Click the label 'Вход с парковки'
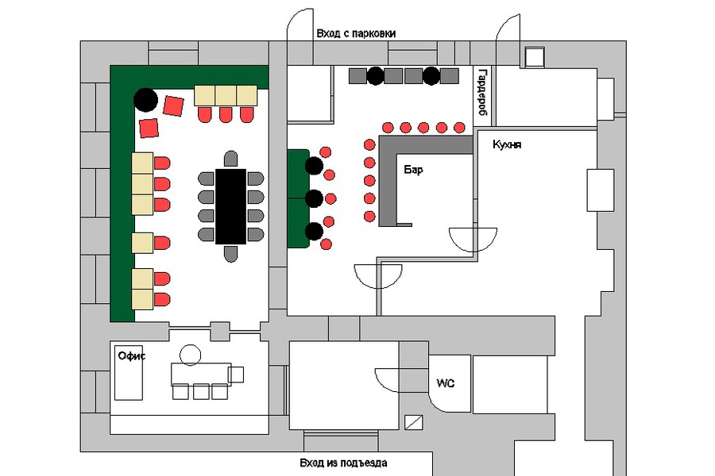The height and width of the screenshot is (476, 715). pyautogui.click(x=355, y=33)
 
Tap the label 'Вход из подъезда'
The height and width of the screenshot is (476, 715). pyautogui.click(x=343, y=463)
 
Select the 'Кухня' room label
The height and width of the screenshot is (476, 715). pyautogui.click(x=506, y=145)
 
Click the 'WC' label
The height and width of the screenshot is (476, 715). pyautogui.click(x=444, y=383)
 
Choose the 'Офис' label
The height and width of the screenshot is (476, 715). pyautogui.click(x=132, y=355)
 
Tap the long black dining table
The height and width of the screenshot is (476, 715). pyautogui.click(x=231, y=206)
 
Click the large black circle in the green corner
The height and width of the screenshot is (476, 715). pyautogui.click(x=145, y=99)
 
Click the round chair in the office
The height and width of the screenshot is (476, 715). pyautogui.click(x=191, y=355)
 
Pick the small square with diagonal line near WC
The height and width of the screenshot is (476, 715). pyautogui.click(x=414, y=422)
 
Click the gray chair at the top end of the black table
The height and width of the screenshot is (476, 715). pyautogui.click(x=231, y=157)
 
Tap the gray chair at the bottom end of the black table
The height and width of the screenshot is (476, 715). pyautogui.click(x=231, y=254)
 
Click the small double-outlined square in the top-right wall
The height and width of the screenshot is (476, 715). pyautogui.click(x=534, y=56)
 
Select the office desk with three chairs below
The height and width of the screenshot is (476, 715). pyautogui.click(x=200, y=373)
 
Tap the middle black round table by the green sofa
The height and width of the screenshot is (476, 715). pyautogui.click(x=315, y=198)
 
